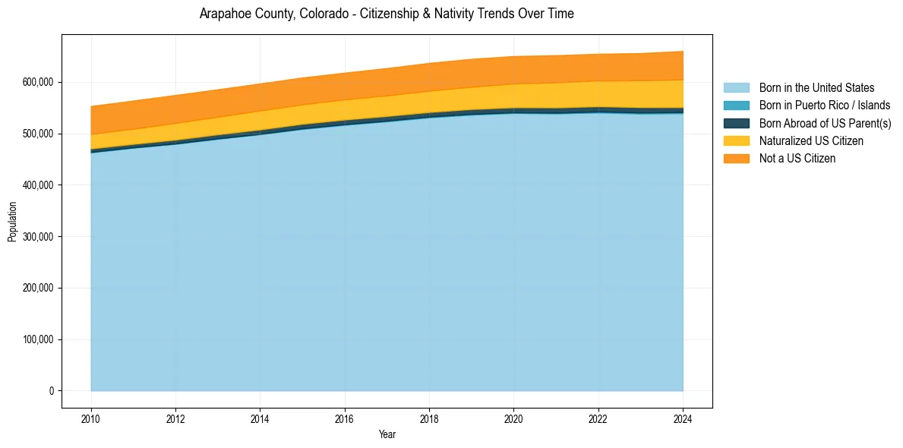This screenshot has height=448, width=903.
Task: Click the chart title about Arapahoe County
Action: (387, 14)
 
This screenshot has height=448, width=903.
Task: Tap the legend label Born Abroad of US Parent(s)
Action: (825, 123)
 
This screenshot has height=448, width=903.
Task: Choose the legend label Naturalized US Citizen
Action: (811, 141)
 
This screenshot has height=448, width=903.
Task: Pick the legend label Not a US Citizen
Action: (797, 159)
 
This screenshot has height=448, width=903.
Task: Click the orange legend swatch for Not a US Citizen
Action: (736, 159)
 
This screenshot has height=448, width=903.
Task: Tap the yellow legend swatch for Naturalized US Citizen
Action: (736, 141)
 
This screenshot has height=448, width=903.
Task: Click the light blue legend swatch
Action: (736, 88)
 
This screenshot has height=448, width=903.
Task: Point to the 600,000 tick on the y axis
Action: (36, 82)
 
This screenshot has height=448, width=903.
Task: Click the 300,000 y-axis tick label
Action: (36, 237)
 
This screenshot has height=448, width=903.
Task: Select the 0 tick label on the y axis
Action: (51, 391)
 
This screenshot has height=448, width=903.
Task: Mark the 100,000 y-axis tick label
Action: (36, 339)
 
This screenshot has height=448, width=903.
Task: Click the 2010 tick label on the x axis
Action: (91, 418)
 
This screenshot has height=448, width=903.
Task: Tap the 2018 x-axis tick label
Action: (429, 418)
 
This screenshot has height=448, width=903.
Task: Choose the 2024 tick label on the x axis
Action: (683, 418)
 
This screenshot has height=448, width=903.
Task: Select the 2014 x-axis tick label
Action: (260, 418)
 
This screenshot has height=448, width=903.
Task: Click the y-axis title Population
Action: (12, 221)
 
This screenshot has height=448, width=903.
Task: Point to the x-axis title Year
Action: (387, 435)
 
